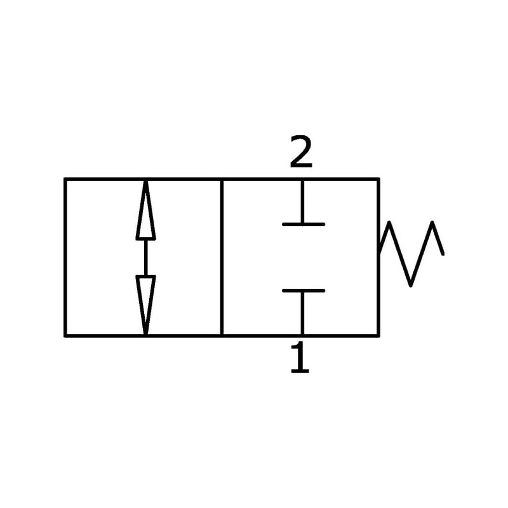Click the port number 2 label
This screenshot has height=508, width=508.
(x=301, y=153)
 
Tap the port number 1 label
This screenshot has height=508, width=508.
(x=300, y=358)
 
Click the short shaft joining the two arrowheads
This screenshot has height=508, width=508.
(x=145, y=257)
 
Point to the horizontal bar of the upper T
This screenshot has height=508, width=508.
(x=304, y=224)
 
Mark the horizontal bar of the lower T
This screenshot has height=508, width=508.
(x=304, y=291)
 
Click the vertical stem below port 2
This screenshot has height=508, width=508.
(x=302, y=202)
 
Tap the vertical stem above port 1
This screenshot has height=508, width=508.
(x=302, y=313)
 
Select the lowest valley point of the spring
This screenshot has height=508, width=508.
(x=412, y=284)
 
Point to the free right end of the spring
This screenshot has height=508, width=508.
(x=443, y=253)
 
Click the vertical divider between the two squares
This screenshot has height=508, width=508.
(x=222, y=257)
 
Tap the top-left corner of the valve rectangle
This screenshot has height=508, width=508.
(x=65, y=180)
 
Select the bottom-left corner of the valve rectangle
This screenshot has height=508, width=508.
(x=65, y=335)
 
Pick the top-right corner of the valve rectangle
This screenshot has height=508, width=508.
(x=378, y=180)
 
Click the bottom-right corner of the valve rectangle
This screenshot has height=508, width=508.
(x=378, y=335)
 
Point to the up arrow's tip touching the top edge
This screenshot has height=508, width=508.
(x=145, y=182)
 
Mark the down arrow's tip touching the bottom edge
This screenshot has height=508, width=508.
(x=145, y=333)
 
